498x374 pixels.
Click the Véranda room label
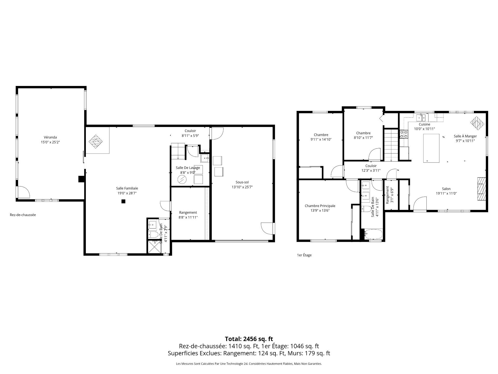tap(50, 137)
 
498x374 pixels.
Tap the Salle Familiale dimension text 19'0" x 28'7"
tap(127, 193)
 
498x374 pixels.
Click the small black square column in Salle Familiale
tap(123, 201)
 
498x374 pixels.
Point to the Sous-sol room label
tap(242, 182)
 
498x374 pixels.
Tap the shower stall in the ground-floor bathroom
tap(155, 247)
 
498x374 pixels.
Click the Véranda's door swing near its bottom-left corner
tap(24, 192)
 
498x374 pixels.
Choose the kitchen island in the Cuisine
tap(431, 148)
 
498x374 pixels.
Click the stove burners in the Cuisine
tap(404, 134)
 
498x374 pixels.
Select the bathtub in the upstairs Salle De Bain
tap(374, 234)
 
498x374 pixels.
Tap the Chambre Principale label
tap(320, 206)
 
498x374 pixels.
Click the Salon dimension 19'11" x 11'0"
tap(446, 193)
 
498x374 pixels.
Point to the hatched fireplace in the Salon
tap(481, 189)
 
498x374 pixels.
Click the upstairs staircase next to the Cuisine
tap(391, 145)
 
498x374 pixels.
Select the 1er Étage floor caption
tap(304, 255)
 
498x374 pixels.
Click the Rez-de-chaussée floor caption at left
tap(23, 215)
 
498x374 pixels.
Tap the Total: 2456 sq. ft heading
tap(249, 339)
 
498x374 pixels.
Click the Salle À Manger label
tap(465, 136)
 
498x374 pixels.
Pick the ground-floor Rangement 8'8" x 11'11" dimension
tap(188, 217)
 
